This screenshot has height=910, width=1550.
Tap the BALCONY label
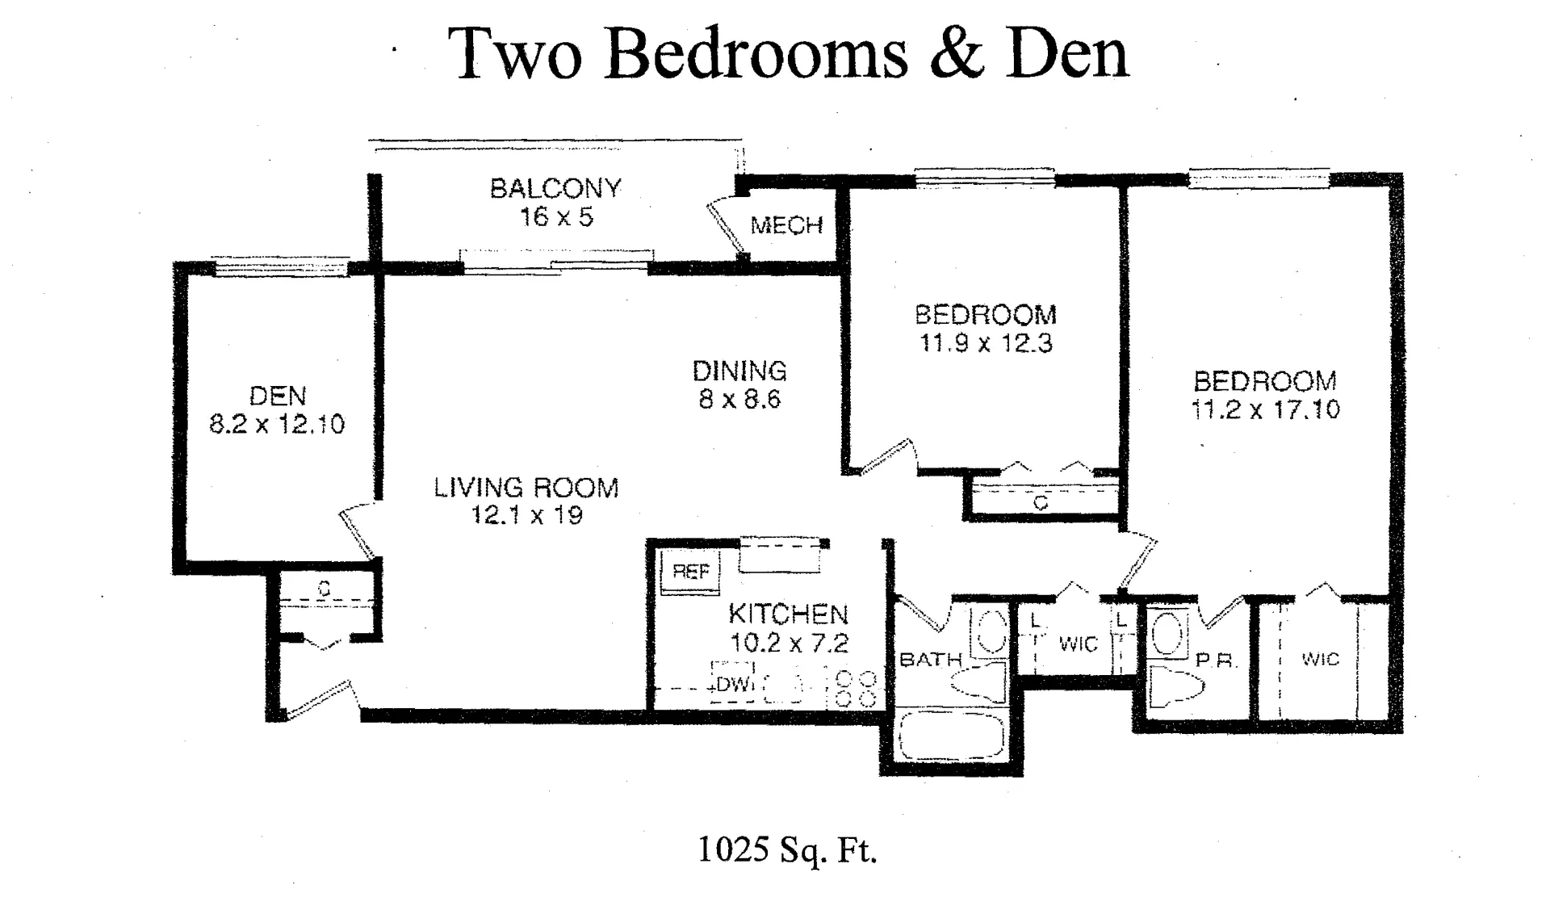tap(555, 188)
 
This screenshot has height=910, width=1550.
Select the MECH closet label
tap(786, 225)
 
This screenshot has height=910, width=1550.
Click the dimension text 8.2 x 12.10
tap(277, 424)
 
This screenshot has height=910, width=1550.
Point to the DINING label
tap(739, 371)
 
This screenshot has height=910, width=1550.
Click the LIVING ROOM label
tap(526, 488)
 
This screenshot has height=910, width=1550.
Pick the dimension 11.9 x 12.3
tap(986, 343)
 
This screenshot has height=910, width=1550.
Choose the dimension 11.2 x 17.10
tap(1265, 409)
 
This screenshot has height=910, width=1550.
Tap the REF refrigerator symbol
tap(690, 572)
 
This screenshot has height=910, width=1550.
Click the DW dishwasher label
tap(732, 685)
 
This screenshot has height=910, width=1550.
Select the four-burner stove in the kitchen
tap(857, 689)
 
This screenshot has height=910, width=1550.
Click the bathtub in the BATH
tap(951, 736)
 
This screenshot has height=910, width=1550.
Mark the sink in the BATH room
tap(988, 631)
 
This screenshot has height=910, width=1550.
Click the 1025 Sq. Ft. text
tap(786, 849)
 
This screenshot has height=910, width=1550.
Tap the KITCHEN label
tap(788, 614)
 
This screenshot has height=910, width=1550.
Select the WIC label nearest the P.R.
tap(1320, 660)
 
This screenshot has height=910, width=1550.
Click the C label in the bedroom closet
tap(1041, 503)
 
